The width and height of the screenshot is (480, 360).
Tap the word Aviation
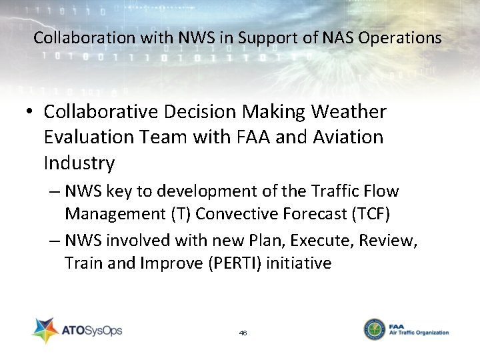tap(347, 137)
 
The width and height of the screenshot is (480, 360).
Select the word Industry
tap(79, 163)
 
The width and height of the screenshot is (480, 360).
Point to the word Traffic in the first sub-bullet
tap(337, 192)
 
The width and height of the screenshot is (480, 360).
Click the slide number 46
tap(243, 332)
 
